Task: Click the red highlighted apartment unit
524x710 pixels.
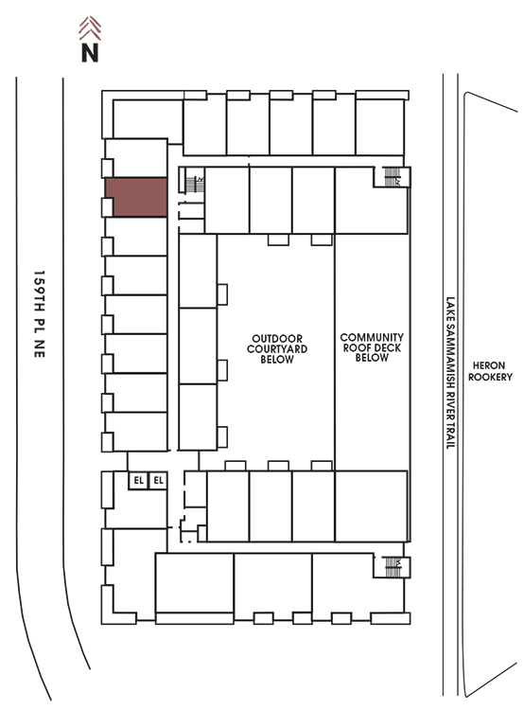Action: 136,197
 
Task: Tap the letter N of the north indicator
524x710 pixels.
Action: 90,52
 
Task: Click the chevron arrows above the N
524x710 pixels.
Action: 90,28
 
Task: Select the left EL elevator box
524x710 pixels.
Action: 138,480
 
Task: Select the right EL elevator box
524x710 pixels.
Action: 158,480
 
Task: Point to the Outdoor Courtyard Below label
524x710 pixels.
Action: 277,348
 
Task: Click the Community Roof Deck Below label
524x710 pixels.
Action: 372,347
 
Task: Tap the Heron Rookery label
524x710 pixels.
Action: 490,371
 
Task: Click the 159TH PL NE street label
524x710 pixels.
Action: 40,314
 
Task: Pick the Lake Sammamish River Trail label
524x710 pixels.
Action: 450,373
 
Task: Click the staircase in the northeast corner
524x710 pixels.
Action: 392,177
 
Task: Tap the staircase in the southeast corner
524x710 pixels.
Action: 393,567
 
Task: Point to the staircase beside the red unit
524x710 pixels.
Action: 195,185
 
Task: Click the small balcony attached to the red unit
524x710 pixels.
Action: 107,207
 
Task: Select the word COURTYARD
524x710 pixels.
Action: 277,348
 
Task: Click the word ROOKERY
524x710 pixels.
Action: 490,377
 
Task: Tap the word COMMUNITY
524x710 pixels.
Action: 372,337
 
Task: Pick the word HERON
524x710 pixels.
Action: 489,365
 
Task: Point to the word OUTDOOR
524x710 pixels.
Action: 277,339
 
